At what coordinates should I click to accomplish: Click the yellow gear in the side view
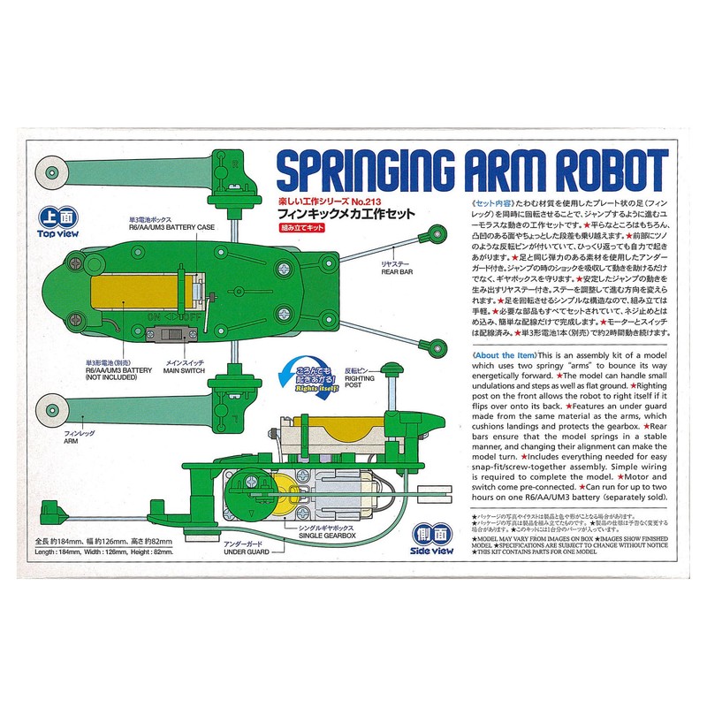click(x=281, y=495)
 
